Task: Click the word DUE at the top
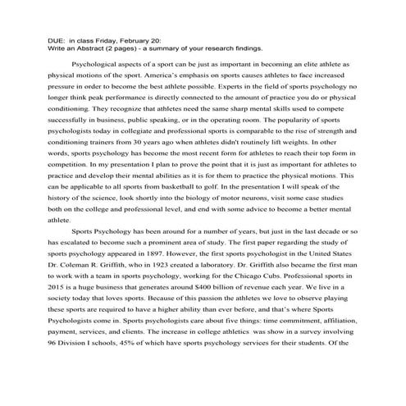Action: tap(55, 39)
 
